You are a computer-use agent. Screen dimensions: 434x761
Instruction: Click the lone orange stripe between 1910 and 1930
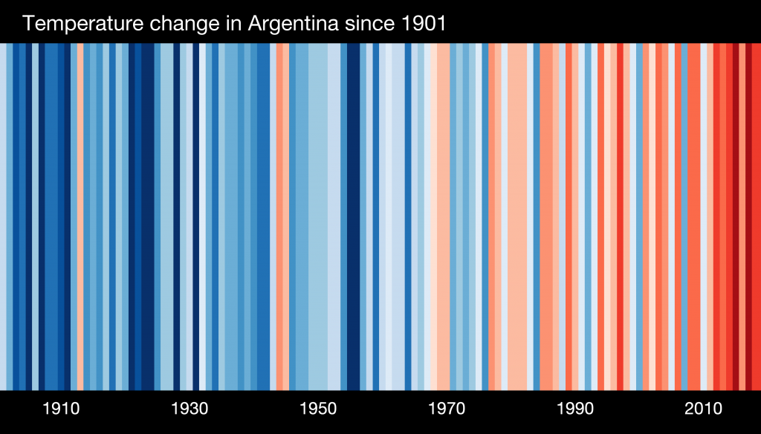80,216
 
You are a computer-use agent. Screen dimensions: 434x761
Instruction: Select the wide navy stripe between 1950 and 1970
353,216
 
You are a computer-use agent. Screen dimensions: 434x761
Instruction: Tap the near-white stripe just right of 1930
202,216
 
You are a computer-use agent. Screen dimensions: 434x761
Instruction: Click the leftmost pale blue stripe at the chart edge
3,216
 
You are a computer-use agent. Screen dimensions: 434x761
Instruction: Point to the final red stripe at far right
755,216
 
